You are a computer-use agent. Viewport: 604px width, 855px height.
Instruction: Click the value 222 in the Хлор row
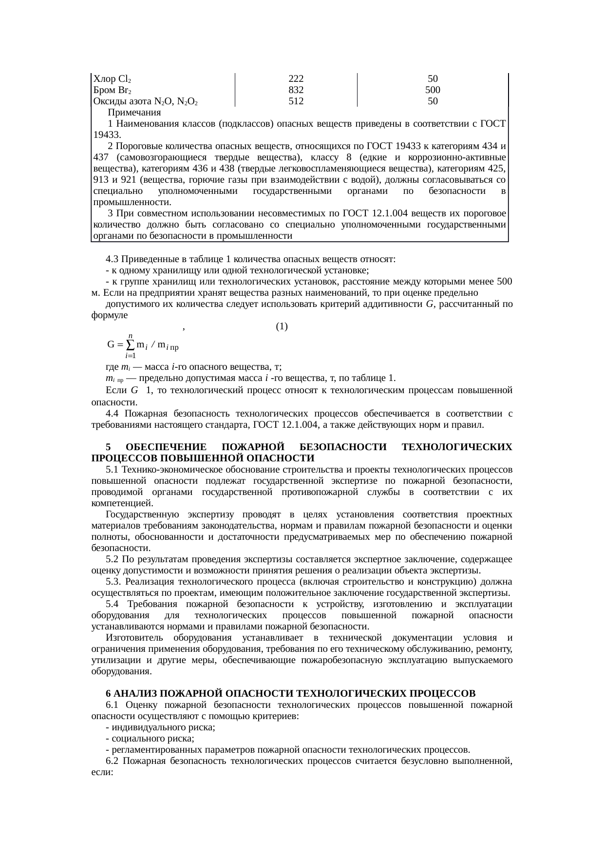[296, 79]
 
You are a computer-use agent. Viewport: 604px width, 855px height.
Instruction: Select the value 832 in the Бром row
[296, 90]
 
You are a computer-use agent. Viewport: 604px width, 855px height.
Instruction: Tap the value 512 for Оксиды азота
[296, 101]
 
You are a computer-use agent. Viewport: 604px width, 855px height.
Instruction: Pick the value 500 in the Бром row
[433, 90]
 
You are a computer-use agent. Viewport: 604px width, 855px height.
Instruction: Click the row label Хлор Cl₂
[112, 79]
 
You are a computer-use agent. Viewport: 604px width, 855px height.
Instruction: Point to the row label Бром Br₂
[112, 90]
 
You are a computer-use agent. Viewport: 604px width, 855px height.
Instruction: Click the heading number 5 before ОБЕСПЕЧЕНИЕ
[108, 447]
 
